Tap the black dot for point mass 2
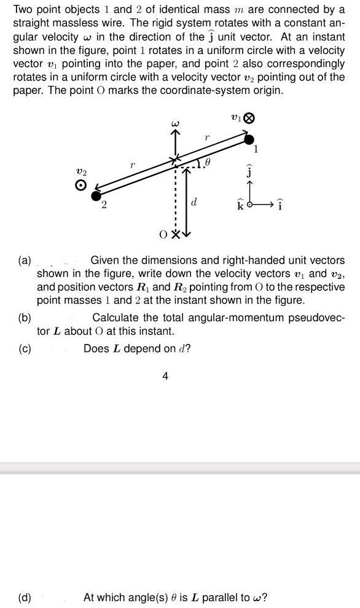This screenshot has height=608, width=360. (x=96, y=196)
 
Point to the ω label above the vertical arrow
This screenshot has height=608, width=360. (x=174, y=125)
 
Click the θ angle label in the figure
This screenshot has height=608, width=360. (x=208, y=163)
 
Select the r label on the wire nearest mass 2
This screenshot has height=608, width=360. (x=133, y=165)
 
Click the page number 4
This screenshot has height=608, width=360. (x=165, y=376)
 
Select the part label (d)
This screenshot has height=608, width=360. (x=26, y=596)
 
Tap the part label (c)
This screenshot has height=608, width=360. (x=25, y=348)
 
